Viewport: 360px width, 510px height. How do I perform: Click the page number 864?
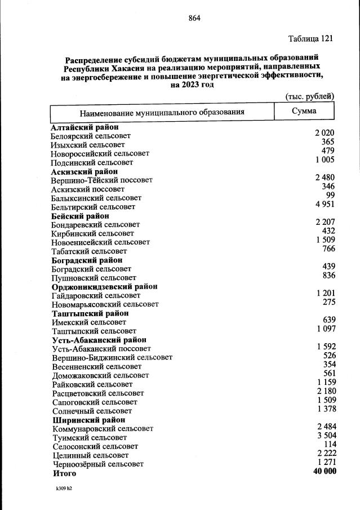click(194, 18)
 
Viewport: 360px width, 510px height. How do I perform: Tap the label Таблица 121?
click(310, 39)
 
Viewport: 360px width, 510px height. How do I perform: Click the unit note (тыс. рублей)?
click(310, 96)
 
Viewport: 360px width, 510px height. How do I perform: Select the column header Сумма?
click(304, 111)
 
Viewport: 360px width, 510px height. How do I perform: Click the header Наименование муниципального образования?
click(162, 112)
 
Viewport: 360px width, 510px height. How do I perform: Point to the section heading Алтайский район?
click(84, 127)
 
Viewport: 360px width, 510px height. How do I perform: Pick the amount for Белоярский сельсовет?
click(325, 134)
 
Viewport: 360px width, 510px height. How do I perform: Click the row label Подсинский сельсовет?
click(92, 162)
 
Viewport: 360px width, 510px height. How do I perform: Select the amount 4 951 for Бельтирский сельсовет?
click(325, 204)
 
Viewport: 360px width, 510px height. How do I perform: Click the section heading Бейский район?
click(79, 216)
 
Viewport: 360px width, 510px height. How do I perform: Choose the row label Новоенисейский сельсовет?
click(100, 242)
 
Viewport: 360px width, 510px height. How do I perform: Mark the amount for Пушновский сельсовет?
click(328, 275)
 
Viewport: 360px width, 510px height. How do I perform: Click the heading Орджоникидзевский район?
click(104, 286)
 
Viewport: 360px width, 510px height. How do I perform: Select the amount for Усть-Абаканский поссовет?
click(326, 346)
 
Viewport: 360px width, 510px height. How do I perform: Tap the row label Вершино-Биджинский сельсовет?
click(112, 357)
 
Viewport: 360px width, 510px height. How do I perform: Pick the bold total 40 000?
click(324, 471)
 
